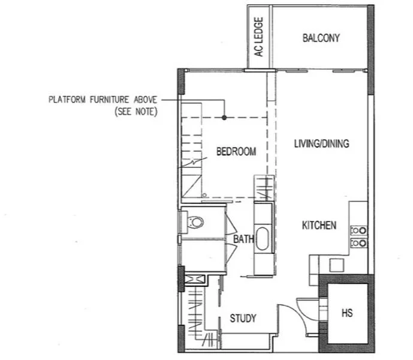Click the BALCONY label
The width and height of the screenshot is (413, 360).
(x=321, y=38)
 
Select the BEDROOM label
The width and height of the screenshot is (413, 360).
(x=236, y=152)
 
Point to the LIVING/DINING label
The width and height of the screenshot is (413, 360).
(x=321, y=144)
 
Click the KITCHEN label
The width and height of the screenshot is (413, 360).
(x=318, y=226)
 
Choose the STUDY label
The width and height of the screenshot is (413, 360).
(x=243, y=318)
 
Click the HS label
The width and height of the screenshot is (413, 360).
(x=346, y=313)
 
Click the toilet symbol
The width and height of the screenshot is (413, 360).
(x=195, y=222)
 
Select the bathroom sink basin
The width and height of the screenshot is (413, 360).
(x=263, y=236)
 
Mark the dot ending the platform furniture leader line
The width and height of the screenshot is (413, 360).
(x=224, y=118)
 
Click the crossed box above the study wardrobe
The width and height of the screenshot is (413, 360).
(x=192, y=280)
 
